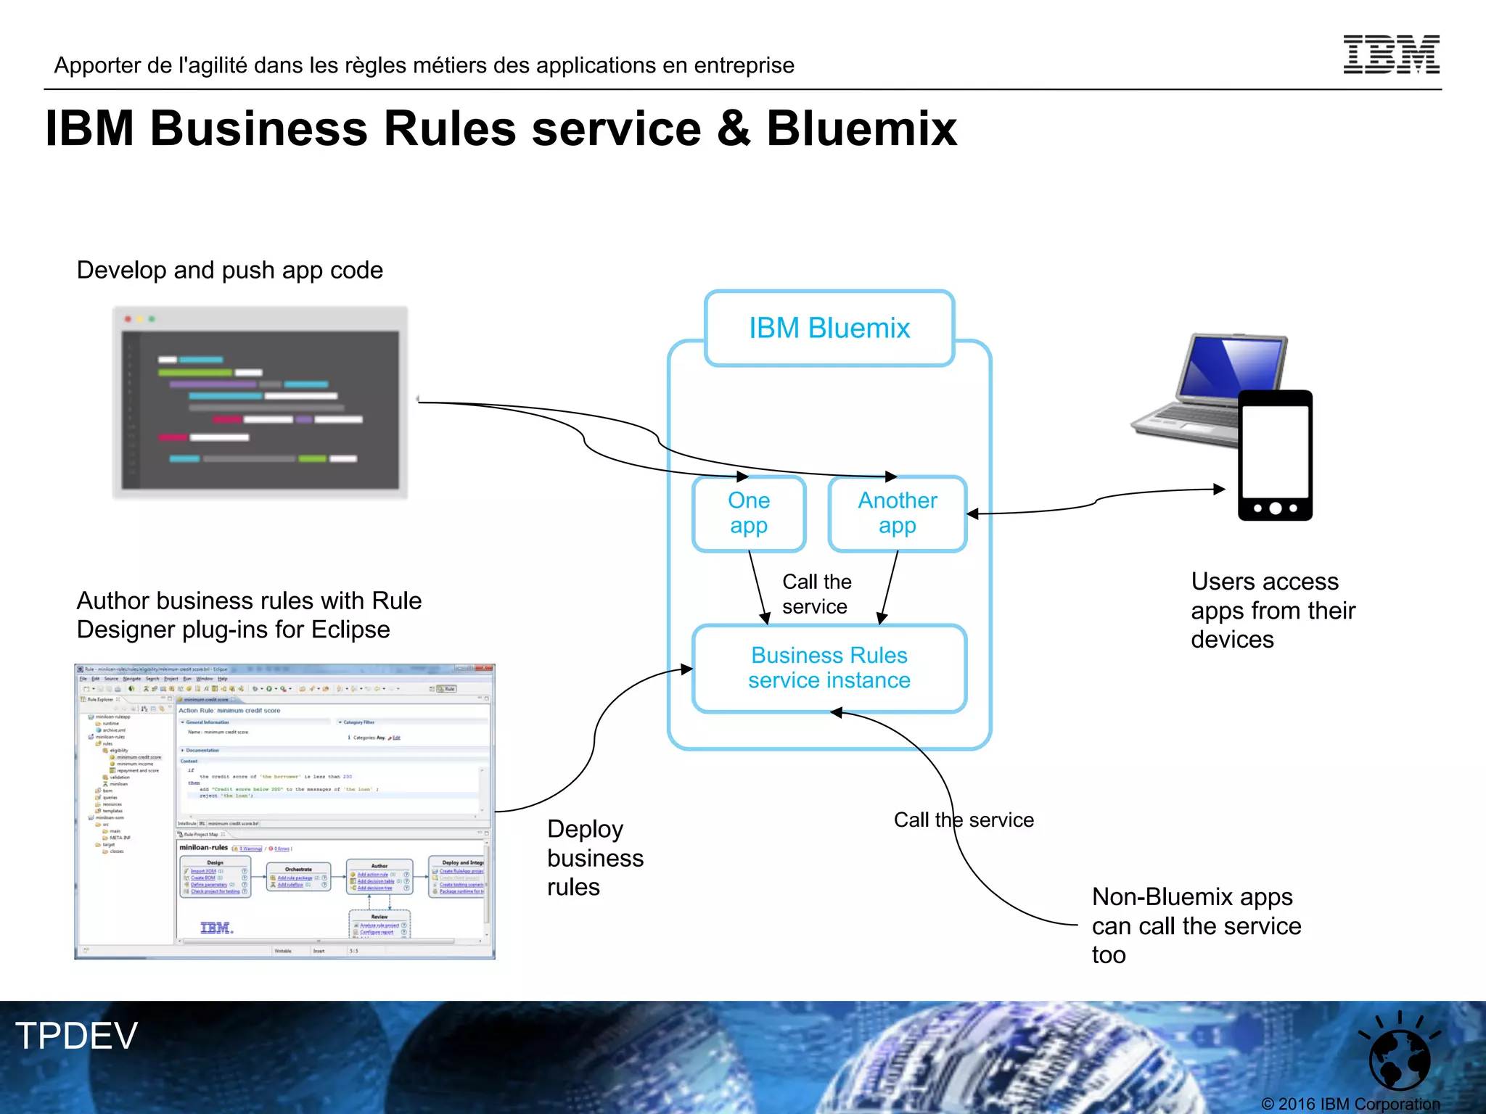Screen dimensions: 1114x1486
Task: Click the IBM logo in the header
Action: click(1391, 54)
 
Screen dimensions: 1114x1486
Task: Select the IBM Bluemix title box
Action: click(829, 329)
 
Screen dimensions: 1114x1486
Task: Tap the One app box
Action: click(749, 513)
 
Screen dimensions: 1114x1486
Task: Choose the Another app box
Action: click(898, 513)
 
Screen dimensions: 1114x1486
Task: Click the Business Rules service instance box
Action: click(829, 668)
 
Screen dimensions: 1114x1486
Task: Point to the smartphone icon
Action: click(1275, 455)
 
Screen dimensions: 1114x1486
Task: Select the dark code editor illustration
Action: click(260, 403)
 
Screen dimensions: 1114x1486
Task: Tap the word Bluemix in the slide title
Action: click(861, 129)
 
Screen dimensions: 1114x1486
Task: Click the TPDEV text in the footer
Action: click(76, 1036)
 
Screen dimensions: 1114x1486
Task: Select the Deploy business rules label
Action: click(595, 858)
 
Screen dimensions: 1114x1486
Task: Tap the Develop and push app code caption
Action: click(229, 271)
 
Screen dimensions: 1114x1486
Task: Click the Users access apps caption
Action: click(1273, 611)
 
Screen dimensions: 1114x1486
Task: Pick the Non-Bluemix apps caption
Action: click(1196, 925)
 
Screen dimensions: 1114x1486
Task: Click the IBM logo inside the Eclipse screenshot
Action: click(216, 928)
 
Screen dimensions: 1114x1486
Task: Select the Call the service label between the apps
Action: click(816, 594)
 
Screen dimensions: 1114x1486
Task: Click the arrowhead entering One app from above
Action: click(742, 476)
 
